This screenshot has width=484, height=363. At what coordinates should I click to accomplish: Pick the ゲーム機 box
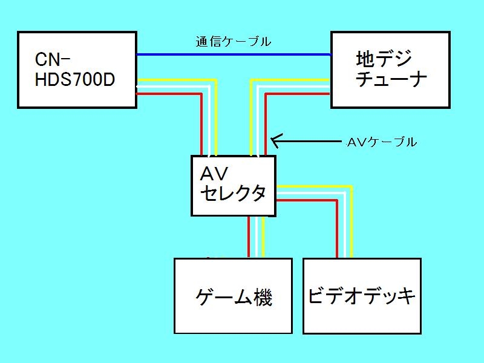pyautogui.click(x=234, y=296)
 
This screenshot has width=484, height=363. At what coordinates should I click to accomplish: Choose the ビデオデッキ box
pyautogui.click(x=362, y=296)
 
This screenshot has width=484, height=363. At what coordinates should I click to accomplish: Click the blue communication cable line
pyautogui.click(x=234, y=54)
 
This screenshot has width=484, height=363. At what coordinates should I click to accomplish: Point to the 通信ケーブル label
pyautogui.click(x=233, y=42)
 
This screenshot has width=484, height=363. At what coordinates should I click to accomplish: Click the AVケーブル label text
pyautogui.click(x=382, y=143)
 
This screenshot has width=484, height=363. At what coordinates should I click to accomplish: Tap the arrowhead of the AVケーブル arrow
pyautogui.click(x=274, y=142)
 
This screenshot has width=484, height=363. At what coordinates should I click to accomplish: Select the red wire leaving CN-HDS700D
pyautogui.click(x=175, y=94)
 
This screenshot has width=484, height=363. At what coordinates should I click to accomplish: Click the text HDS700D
pyautogui.click(x=75, y=79)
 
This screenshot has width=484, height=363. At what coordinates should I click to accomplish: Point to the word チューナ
pyautogui.click(x=391, y=79)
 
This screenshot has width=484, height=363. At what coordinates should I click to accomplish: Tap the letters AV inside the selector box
pyautogui.click(x=214, y=174)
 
